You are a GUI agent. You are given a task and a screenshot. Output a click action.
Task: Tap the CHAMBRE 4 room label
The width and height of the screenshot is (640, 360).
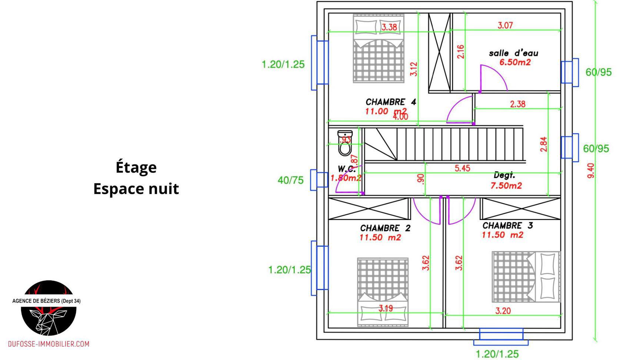pos(391,102)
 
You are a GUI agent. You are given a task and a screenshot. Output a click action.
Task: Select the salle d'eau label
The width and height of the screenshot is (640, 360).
pos(513,53)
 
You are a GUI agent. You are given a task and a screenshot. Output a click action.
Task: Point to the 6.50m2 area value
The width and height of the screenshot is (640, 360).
pos(515,62)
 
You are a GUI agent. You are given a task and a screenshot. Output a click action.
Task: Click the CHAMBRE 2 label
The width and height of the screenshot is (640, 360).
pos(385,228)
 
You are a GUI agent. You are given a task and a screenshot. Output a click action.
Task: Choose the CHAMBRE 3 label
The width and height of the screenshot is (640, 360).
pos(507,226)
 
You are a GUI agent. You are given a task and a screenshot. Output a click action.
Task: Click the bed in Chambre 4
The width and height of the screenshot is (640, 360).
pos(378,48)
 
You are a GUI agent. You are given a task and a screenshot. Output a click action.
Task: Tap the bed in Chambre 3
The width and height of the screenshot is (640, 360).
pos(526,277)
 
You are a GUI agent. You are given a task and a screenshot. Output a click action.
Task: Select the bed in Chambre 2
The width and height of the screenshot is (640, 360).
pos(383,292)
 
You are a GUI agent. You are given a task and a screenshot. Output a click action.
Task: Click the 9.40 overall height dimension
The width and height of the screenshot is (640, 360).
pos(591,170)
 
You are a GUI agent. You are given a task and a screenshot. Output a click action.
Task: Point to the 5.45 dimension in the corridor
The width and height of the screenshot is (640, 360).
pos(462,168)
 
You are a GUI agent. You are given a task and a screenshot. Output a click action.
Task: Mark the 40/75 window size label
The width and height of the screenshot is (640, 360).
pos(290,180)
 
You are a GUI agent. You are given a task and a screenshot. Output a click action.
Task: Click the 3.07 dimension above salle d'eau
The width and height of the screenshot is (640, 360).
pos(505,26)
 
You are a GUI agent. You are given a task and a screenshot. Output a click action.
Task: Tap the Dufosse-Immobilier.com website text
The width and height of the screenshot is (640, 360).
pos(49,344)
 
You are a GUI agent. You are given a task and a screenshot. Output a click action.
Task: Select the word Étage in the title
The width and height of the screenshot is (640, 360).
pos(136,167)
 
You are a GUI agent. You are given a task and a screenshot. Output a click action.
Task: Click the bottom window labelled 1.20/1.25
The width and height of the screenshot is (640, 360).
pos(501,334)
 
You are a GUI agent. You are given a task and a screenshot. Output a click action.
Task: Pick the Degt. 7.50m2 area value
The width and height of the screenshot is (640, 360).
pos(506,186)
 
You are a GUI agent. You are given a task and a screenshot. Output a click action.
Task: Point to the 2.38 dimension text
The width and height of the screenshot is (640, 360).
pos(517,104)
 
